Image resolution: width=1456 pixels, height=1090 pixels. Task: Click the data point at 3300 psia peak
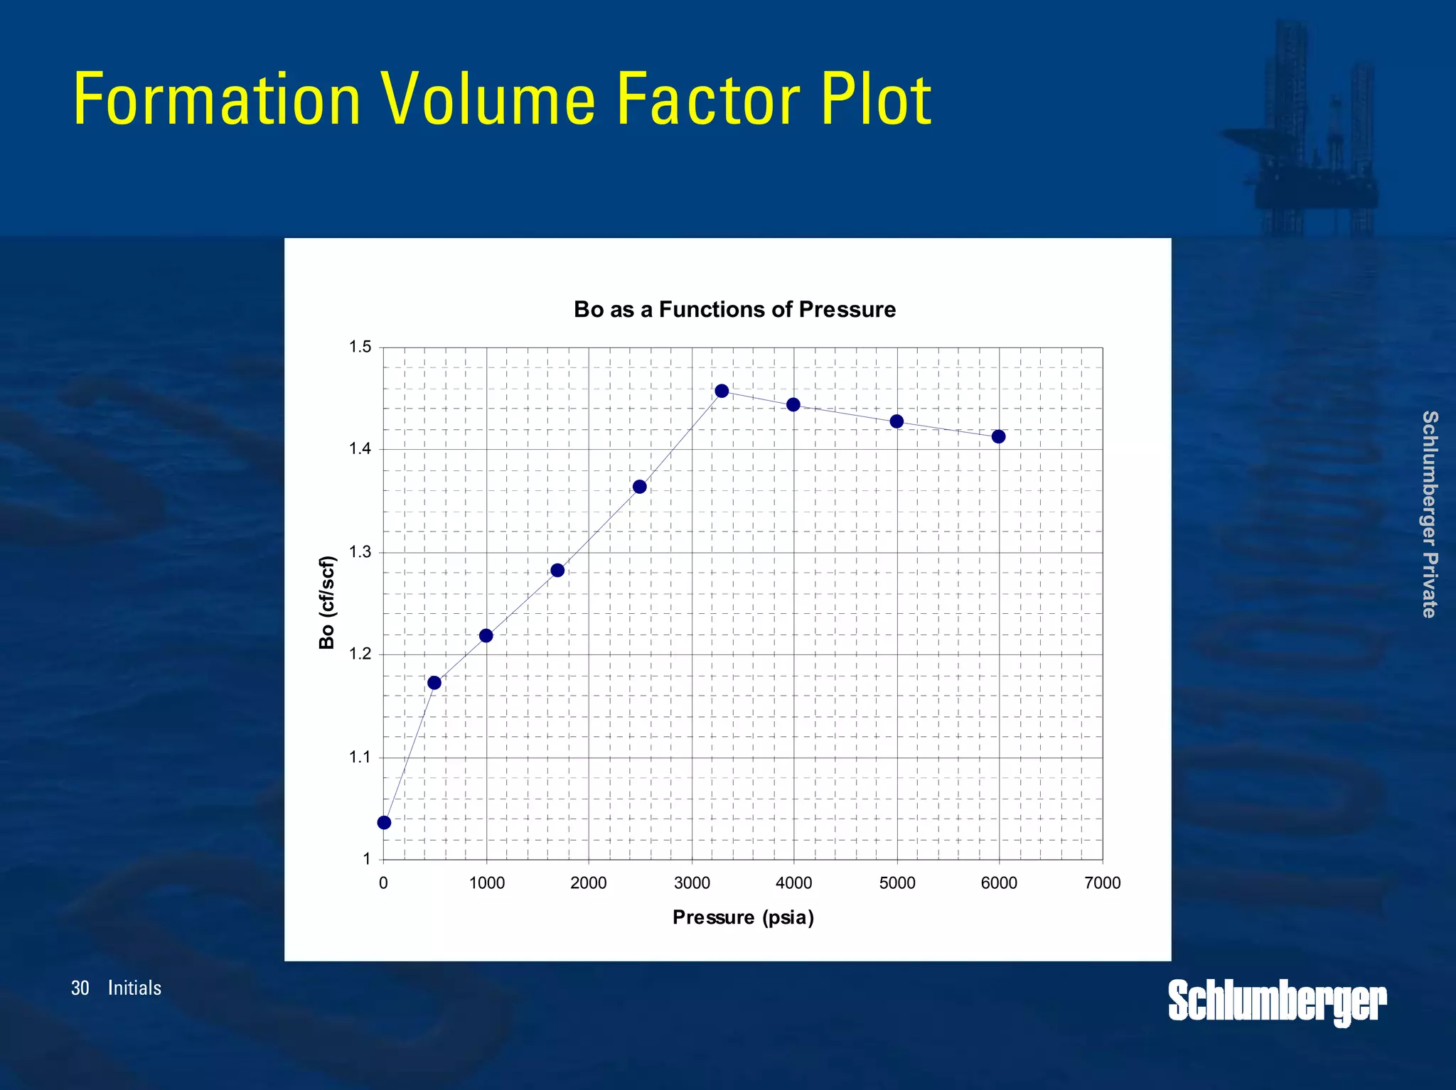coord(722,391)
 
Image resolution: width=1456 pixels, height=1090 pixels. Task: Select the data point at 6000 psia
coord(998,436)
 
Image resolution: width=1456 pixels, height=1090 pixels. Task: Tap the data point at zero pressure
coord(384,823)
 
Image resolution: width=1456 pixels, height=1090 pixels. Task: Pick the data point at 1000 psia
coord(486,635)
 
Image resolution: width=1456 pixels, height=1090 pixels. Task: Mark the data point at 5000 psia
coord(896,421)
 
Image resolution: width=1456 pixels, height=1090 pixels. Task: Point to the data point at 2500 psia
coord(639,487)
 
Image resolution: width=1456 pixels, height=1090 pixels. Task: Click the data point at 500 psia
coord(434,683)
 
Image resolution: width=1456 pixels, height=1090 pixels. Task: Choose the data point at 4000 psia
coord(793,405)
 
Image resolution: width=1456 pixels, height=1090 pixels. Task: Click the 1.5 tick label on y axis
coord(360,347)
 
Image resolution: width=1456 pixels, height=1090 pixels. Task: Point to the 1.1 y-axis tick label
coord(360,757)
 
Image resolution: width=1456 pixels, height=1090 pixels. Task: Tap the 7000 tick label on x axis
coord(1103,883)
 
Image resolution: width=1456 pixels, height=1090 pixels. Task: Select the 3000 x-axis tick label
coord(692,883)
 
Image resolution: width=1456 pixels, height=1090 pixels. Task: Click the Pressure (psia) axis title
coord(743,917)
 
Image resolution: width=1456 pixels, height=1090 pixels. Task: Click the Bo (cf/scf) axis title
coord(326,603)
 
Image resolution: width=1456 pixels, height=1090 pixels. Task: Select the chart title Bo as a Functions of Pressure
coord(734,310)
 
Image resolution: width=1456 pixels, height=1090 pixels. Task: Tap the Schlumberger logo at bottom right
coord(1277,1001)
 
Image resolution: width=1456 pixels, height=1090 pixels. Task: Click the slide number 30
coord(80,988)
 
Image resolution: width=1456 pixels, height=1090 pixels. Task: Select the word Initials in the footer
coord(134,988)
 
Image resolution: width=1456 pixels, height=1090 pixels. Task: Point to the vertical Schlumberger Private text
coord(1430,514)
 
